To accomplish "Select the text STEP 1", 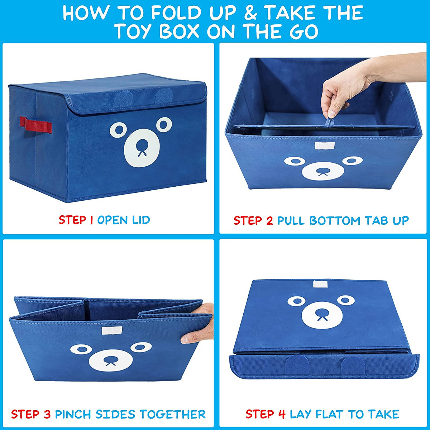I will (x=76, y=220).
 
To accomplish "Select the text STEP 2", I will (x=253, y=220).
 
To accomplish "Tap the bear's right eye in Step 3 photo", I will (x=141, y=347).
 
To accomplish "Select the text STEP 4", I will (x=265, y=414).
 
